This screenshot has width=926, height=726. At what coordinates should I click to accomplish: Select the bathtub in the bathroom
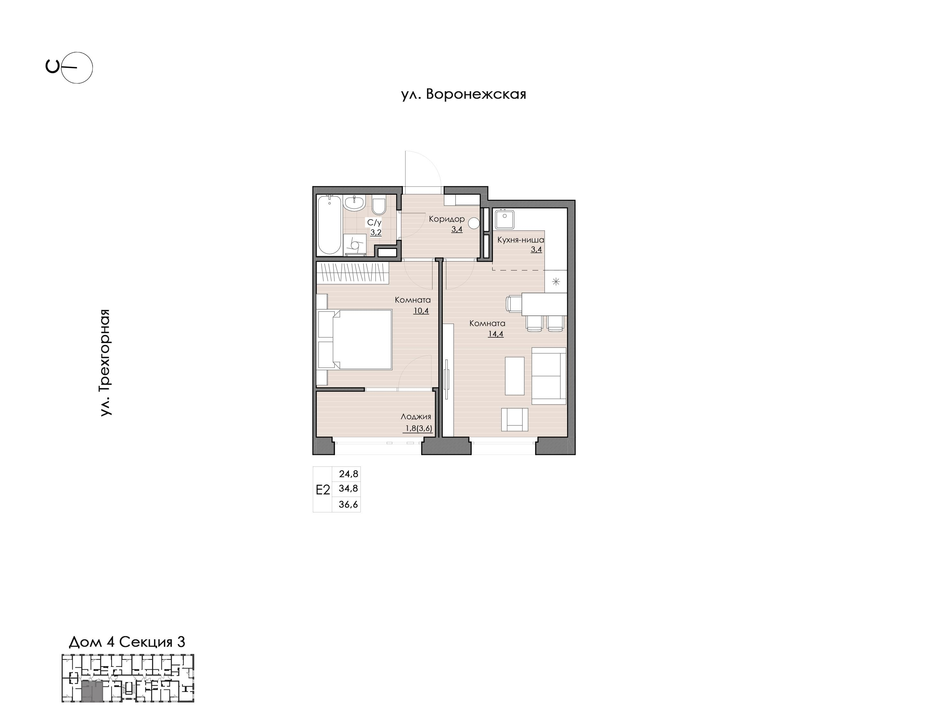(x=329, y=225)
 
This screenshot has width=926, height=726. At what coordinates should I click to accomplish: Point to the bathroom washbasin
(x=354, y=204)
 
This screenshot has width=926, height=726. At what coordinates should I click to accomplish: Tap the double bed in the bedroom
(x=355, y=339)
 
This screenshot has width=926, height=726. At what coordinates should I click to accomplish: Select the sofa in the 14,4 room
(x=549, y=376)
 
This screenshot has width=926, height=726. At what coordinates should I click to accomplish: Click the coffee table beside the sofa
(x=515, y=376)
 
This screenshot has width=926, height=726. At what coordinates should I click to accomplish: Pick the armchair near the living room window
(x=515, y=420)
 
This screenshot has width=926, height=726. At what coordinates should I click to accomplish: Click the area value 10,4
(x=421, y=311)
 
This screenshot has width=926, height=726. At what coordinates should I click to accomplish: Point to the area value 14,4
(x=495, y=334)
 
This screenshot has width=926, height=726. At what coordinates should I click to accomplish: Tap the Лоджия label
(x=416, y=417)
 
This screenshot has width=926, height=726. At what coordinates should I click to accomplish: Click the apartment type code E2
(x=323, y=490)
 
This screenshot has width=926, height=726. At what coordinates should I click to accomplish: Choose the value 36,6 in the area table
(x=348, y=505)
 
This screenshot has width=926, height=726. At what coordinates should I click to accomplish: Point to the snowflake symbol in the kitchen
(x=556, y=281)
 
